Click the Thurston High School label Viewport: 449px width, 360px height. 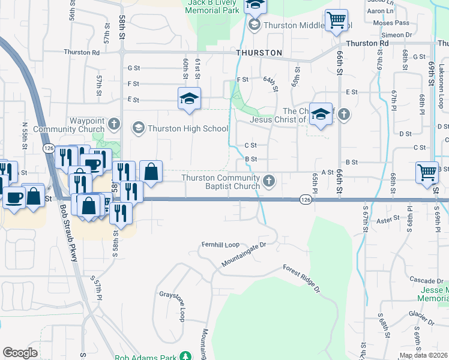click(x=188, y=128)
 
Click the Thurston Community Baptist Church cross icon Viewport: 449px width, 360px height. click(x=270, y=179)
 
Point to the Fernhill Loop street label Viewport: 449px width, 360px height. click(x=220, y=245)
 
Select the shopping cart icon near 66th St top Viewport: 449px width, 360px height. click(x=337, y=20)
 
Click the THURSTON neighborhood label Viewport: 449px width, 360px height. click(x=259, y=53)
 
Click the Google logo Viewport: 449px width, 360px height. click(x=20, y=353)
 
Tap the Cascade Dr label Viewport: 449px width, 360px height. click(x=426, y=280)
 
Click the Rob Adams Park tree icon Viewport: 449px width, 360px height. click(x=186, y=355)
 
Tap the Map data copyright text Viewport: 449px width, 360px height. click(x=423, y=355)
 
